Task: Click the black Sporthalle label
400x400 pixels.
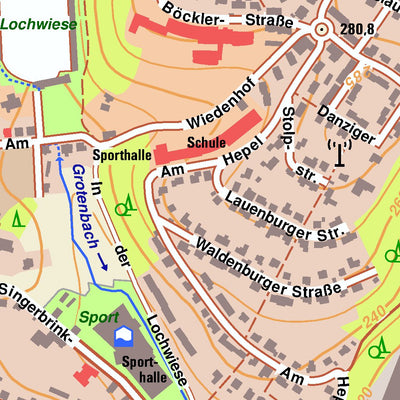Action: pos(121,156)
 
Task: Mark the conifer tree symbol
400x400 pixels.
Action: pos(16,217)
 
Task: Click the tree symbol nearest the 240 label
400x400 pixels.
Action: pos(378,348)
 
